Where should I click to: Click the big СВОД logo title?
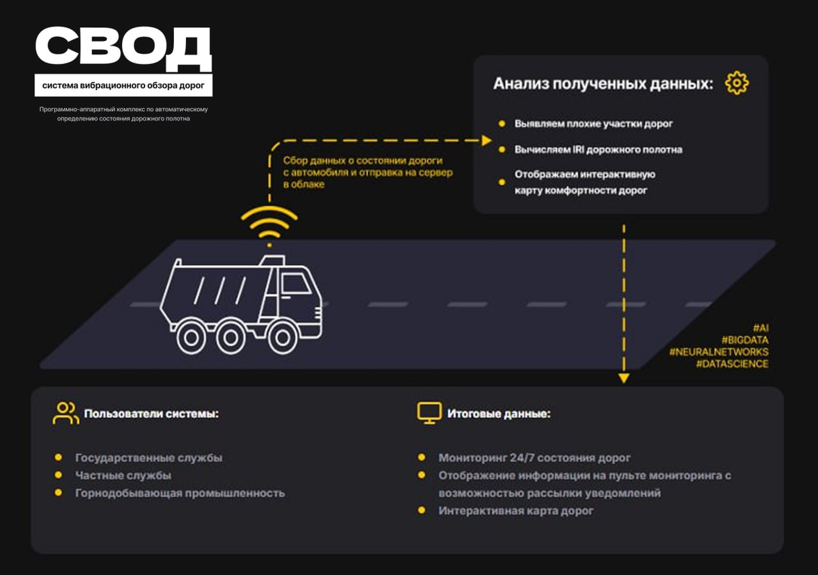point(123,48)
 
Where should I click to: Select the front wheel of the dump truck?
point(282,338)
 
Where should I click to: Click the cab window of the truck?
point(296,284)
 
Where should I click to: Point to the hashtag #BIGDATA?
point(745,340)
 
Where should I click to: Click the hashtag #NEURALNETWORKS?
point(718,352)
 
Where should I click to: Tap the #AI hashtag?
point(761,328)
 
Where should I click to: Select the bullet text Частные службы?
point(123,475)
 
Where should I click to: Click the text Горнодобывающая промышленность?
point(180,493)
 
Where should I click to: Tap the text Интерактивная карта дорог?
point(515,511)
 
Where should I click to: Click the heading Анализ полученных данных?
point(603,84)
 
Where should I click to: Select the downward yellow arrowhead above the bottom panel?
point(624,379)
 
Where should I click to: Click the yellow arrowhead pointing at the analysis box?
point(487,141)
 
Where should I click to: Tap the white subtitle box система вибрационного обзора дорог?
point(123,85)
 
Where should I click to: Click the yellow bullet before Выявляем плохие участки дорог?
point(502,124)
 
